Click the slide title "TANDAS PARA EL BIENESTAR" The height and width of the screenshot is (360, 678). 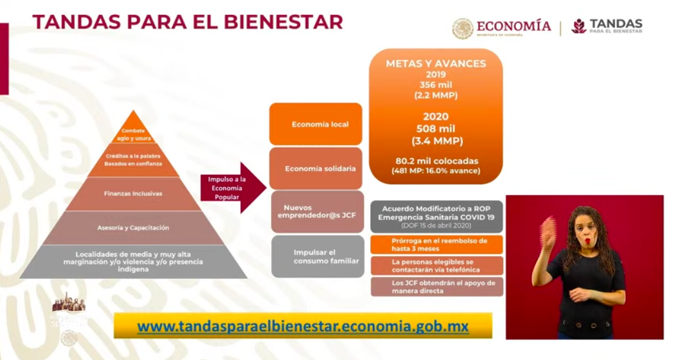[x=187, y=22]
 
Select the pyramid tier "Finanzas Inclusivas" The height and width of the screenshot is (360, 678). [x=134, y=194]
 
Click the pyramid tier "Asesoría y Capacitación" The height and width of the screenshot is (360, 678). [x=134, y=228]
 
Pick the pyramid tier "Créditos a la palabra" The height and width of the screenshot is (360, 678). [x=134, y=160]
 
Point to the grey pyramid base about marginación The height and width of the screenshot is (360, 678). [x=134, y=261]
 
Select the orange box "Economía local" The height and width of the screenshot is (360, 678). [x=316, y=124]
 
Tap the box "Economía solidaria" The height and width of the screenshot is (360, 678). [x=316, y=168]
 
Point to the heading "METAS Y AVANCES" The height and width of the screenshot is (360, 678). [x=436, y=64]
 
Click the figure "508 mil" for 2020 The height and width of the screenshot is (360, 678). [x=436, y=129]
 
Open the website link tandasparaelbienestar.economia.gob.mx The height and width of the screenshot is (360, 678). [x=303, y=326]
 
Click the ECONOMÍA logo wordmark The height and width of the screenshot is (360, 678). [x=513, y=26]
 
